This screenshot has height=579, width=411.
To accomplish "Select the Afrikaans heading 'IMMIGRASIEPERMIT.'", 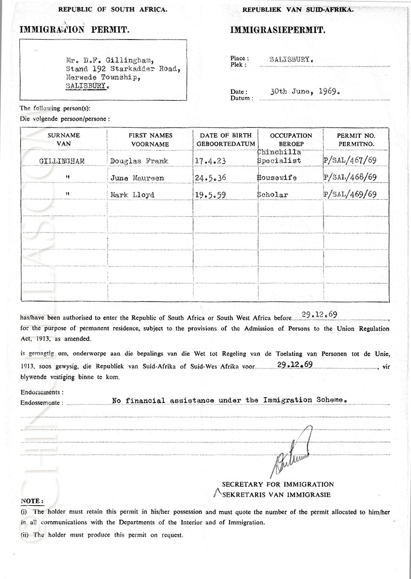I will tap(278, 30).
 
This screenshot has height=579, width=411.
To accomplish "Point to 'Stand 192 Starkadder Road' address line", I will tap(123, 68).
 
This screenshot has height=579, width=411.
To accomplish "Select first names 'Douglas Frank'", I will tap(139, 161).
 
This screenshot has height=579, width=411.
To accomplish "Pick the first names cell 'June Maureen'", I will tap(137, 178).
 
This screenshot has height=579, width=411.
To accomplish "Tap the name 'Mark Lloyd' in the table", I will tap(134, 195).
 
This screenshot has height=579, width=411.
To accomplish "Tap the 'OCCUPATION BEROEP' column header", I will tap(291, 139).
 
